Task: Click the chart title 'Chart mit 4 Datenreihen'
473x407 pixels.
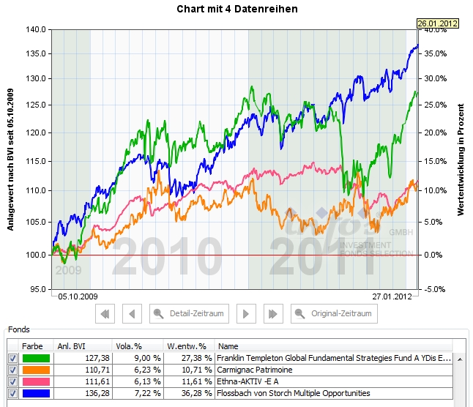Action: tap(236, 9)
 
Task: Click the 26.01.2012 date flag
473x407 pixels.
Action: tap(437, 23)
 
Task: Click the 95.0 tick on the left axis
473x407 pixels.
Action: tap(37, 289)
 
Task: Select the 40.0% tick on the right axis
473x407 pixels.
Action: tap(435, 30)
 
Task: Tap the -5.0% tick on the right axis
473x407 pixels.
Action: tap(435, 289)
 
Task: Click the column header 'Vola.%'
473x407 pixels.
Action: tap(128, 346)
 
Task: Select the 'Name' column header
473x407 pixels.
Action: tap(228, 346)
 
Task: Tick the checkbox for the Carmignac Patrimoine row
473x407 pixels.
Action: tap(12, 370)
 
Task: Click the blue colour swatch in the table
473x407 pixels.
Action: tap(36, 393)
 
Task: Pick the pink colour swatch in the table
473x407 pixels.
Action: tap(36, 381)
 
